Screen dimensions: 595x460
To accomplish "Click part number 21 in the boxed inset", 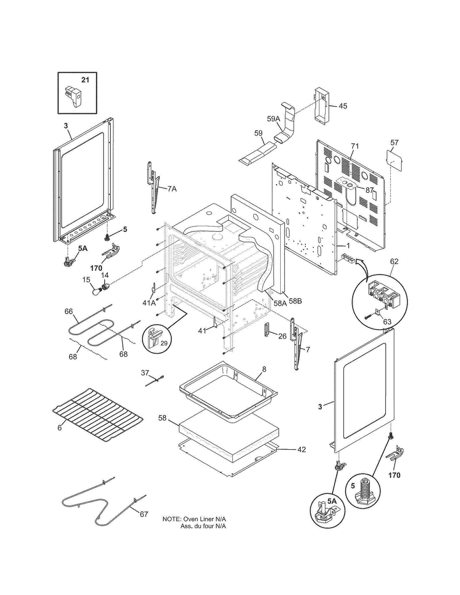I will point(85,80).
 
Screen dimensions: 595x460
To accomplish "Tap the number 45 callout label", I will point(343,106).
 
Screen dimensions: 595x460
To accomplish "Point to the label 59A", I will point(273,119).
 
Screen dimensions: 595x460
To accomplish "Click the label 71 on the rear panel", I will point(355,146).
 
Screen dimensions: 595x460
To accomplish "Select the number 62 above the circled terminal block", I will point(394,261).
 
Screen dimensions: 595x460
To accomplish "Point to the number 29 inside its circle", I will point(164,343).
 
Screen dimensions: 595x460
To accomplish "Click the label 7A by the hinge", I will point(172,189).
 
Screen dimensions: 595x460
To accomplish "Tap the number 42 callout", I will point(302,450).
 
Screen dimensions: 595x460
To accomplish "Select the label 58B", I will point(295,301).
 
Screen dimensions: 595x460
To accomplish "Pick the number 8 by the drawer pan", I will point(264,369).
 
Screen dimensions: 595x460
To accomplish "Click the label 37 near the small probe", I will point(145,373).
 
